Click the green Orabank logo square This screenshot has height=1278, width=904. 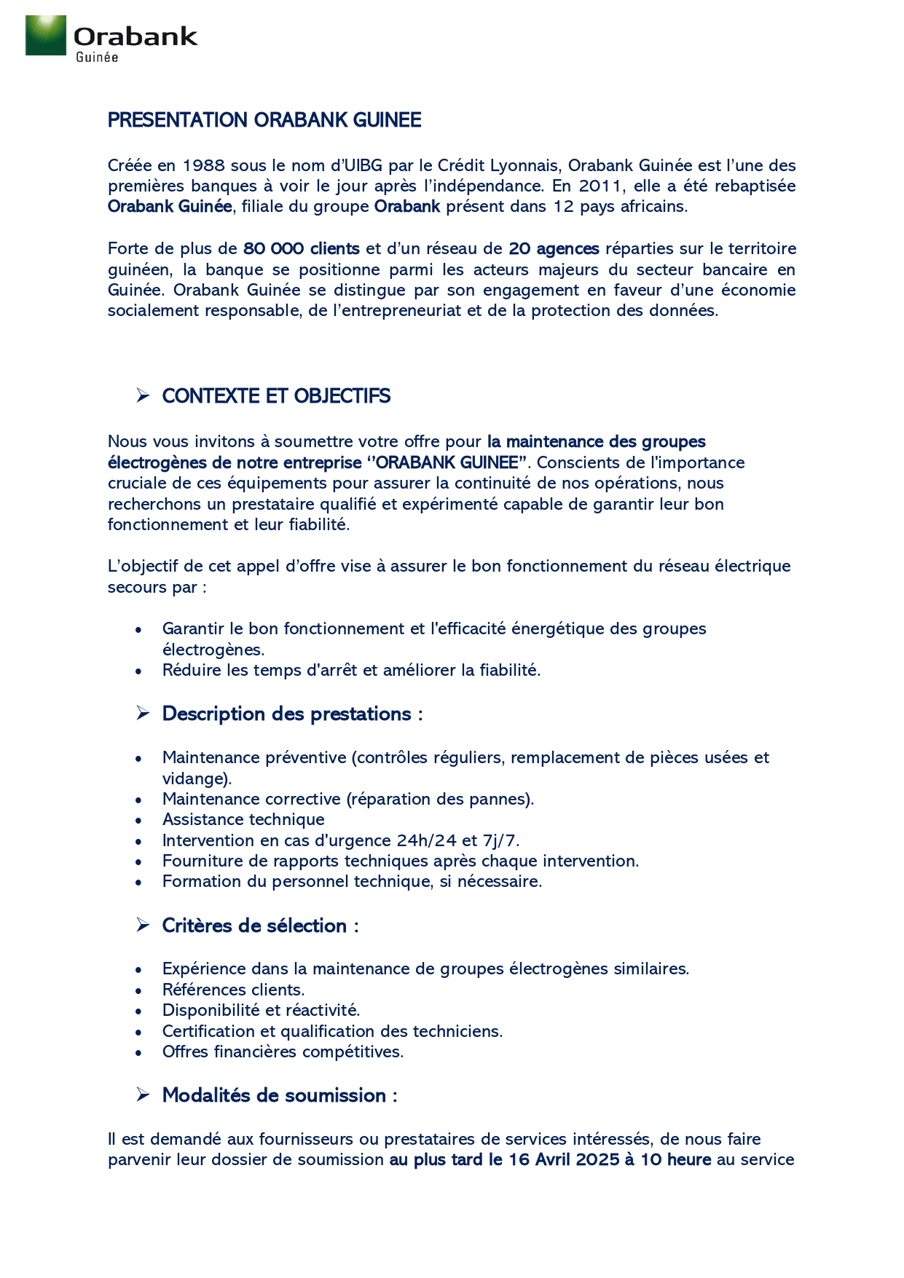pos(45,35)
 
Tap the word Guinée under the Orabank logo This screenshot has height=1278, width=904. pos(97,58)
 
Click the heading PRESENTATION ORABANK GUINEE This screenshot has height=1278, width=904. pos(264,120)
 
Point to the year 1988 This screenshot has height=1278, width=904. pos(203,165)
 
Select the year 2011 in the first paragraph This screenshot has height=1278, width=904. pos(600,186)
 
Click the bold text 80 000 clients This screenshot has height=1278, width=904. pos(301,248)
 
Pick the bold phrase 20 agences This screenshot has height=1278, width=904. pos(554,248)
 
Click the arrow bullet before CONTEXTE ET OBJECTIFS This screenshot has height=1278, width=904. pos(143,395)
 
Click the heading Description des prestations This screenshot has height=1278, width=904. pos(291,714)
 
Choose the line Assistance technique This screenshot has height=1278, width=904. pos(243,819)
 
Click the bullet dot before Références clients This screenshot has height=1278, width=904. pos(138,990)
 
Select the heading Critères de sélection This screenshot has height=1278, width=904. pos(259,926)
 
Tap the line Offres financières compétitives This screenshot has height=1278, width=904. pos(283,1052)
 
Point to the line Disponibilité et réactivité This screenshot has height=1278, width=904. pos(261,1010)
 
